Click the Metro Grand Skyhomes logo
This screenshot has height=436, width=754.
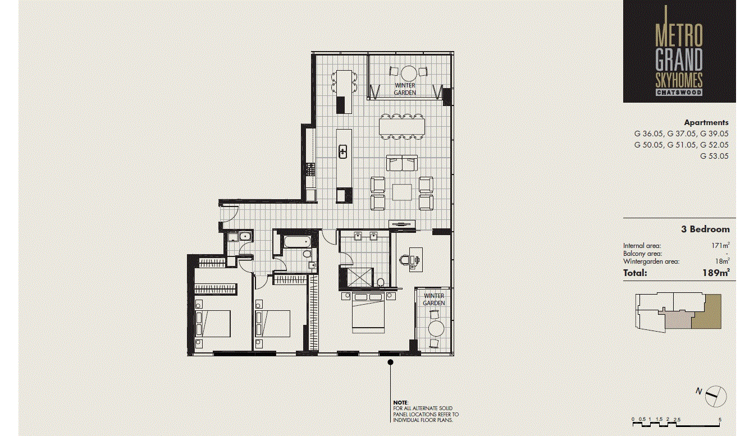679,52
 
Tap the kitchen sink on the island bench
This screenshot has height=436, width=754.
343,152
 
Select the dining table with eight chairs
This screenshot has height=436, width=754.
402,126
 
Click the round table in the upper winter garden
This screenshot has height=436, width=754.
408,72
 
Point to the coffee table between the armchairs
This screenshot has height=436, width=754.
402,192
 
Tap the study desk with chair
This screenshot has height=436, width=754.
415,258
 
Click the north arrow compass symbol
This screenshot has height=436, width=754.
714,395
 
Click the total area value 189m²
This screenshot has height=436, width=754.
715,273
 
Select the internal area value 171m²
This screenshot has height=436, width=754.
720,246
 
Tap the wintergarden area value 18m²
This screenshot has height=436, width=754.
721,261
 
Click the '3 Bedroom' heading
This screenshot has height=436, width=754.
705,229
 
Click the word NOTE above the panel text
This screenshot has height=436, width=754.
400,403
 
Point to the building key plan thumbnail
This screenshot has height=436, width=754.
679,311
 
